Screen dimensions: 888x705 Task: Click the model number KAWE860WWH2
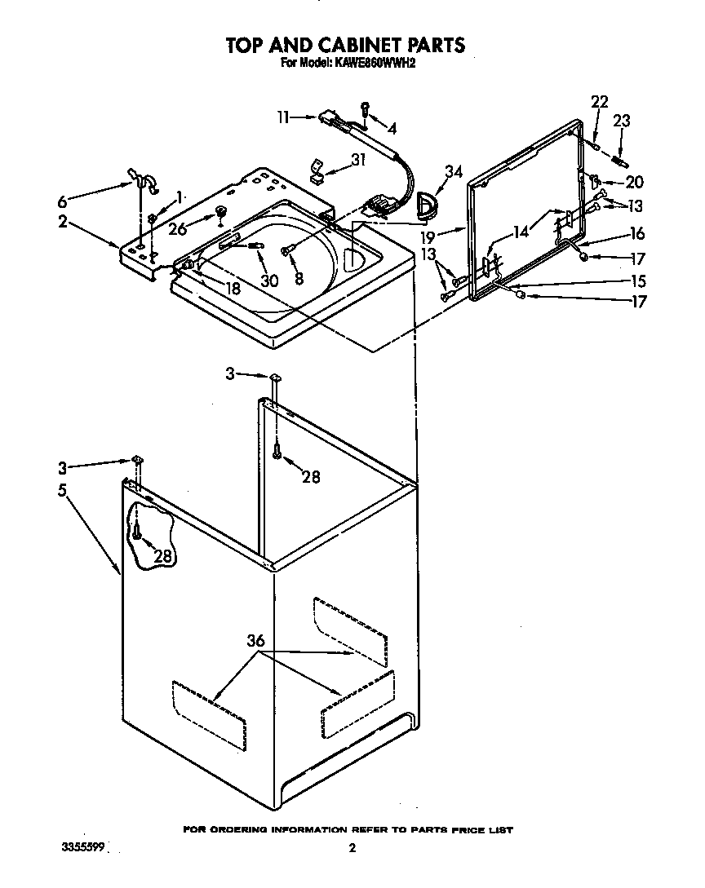pyautogui.click(x=370, y=61)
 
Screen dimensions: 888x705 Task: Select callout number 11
pyautogui.click(x=283, y=117)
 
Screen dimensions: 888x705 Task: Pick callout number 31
pyautogui.click(x=357, y=160)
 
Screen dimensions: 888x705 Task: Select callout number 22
pyautogui.click(x=600, y=102)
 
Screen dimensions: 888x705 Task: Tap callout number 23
pyautogui.click(x=622, y=121)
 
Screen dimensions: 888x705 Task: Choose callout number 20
pyautogui.click(x=634, y=183)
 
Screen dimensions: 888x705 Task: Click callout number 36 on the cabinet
pyautogui.click(x=255, y=642)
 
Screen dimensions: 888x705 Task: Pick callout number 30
pyautogui.click(x=268, y=280)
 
